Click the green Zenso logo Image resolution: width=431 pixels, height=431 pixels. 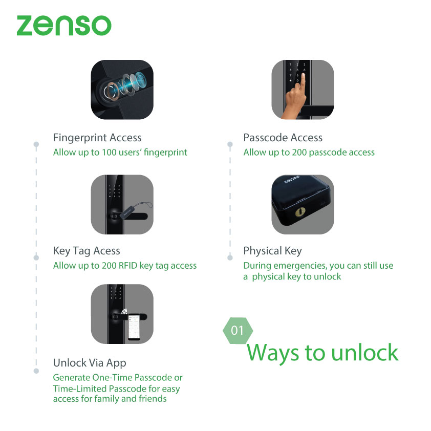coord(63,26)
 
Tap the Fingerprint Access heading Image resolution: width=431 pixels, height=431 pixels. coord(97,138)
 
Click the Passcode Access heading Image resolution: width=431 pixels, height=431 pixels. coord(283,138)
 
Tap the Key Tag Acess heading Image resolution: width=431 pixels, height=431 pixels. coord(87,251)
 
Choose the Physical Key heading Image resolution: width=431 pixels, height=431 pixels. coord(272,251)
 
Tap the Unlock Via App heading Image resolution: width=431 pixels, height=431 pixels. coord(90,363)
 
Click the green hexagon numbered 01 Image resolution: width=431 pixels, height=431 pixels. coord(238,331)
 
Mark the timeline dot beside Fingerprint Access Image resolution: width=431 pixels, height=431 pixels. coord(36,144)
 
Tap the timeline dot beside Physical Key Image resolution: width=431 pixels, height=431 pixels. coord(230,258)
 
